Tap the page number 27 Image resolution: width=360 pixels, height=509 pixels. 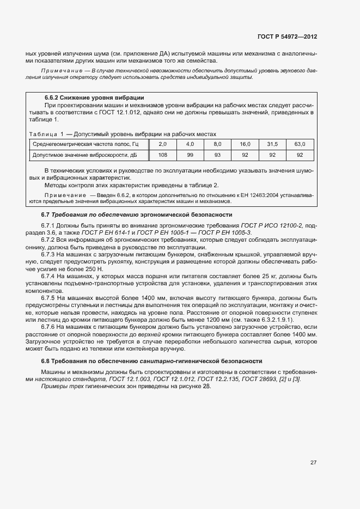[x=313, y=462]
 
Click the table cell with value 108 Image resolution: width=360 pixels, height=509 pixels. [x=162, y=155]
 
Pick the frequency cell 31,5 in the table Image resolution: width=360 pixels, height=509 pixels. [x=272, y=144]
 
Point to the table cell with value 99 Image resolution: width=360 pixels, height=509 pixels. [x=190, y=155]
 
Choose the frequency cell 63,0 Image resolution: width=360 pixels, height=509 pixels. [x=300, y=144]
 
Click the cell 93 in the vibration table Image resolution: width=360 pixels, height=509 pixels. [x=217, y=155]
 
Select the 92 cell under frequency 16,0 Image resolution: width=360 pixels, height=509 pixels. [x=245, y=155]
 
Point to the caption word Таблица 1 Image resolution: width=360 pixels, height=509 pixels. [x=46, y=134]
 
